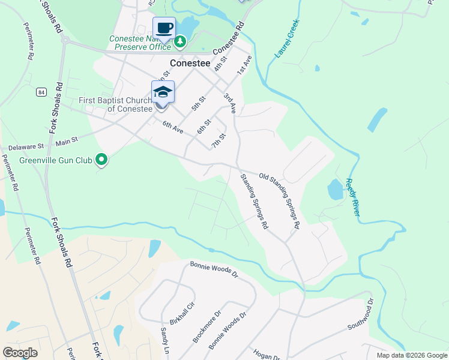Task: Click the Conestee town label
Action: point(190,62)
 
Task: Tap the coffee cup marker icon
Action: point(164,28)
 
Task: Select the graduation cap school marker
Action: point(163,92)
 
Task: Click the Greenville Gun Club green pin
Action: point(101,160)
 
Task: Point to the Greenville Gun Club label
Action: point(56,160)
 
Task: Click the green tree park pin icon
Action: point(180,42)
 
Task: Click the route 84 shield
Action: point(40,92)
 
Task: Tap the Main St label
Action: point(67,142)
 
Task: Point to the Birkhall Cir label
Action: point(182,313)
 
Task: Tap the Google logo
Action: point(20,353)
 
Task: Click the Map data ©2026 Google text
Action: point(411,355)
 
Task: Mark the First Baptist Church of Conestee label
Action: point(116,104)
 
